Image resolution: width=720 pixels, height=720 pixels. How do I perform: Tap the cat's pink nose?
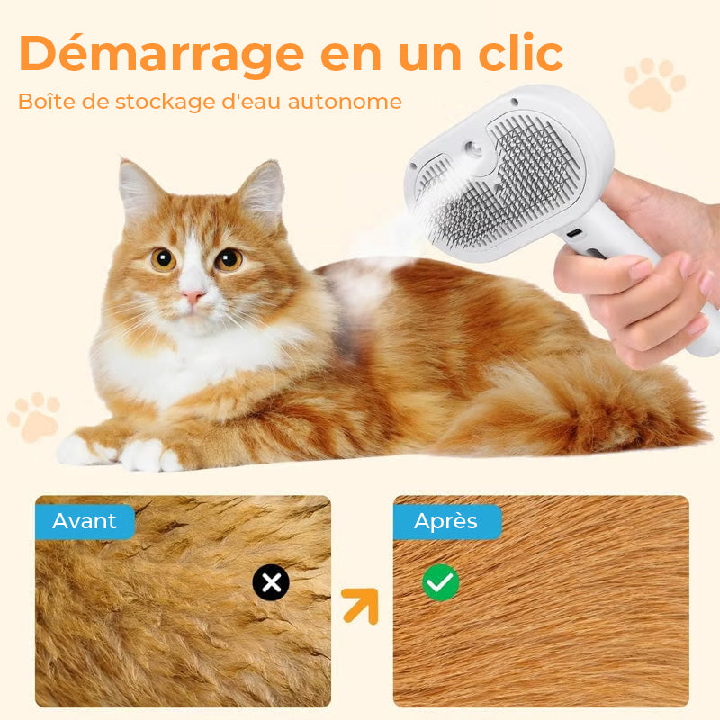(x=193, y=295)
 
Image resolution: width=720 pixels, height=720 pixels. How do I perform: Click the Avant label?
(x=85, y=521)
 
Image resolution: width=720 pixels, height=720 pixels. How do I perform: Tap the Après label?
(x=446, y=521)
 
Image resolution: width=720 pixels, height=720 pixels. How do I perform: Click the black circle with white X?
(x=271, y=583)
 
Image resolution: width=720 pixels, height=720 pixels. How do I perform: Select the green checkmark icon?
(x=441, y=583)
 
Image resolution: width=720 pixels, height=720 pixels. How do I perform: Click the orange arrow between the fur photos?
(x=361, y=606)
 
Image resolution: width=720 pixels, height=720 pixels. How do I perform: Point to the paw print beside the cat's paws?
(x=34, y=416)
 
